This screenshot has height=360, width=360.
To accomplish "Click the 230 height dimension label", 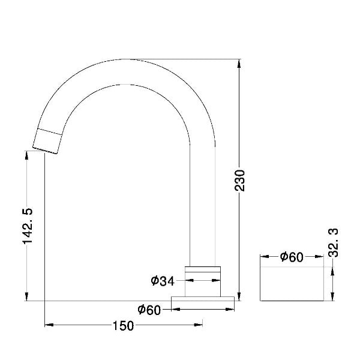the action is [x=240, y=180].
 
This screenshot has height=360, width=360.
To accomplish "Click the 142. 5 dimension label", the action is [x=28, y=226].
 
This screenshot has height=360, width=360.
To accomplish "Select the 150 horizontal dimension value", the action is [x=123, y=326].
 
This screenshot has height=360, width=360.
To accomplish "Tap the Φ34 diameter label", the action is [x=163, y=281].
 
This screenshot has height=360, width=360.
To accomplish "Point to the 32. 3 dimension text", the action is [x=334, y=242].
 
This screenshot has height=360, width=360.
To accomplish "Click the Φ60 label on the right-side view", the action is [x=292, y=257].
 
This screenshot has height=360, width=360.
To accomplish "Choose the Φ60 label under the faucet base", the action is [x=149, y=310].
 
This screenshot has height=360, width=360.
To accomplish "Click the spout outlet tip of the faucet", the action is [x=44, y=151].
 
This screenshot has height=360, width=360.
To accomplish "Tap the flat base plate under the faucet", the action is [x=203, y=298].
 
